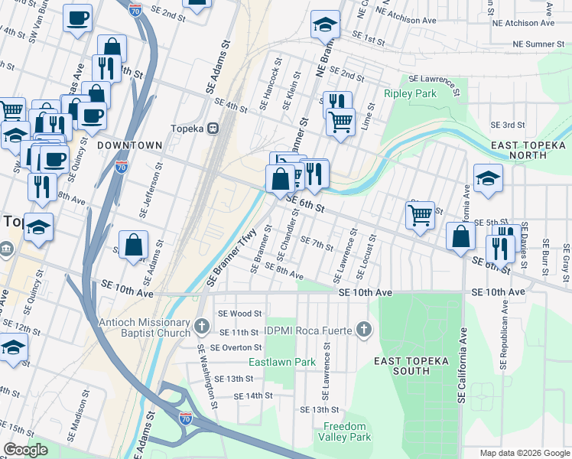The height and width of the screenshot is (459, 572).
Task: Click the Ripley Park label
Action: click(409, 94)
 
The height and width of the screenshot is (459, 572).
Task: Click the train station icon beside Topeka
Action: click(215, 129)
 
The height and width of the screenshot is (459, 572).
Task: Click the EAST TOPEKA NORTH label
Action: click(529, 150)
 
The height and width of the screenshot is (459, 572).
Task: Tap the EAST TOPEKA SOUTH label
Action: click(401, 366)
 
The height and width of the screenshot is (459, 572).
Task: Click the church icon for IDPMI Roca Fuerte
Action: click(364, 330)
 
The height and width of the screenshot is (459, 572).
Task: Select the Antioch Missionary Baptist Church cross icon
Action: click(201, 326)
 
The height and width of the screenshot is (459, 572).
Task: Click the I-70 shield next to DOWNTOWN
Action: click(122, 166)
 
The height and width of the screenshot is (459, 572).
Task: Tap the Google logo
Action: click(25, 450)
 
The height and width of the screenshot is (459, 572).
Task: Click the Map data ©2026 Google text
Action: click(524, 453)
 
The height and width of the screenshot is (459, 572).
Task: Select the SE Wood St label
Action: click(239, 313)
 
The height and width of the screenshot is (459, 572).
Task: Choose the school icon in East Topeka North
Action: click(488, 179)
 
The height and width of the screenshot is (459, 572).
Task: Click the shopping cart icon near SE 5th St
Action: click(420, 216)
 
